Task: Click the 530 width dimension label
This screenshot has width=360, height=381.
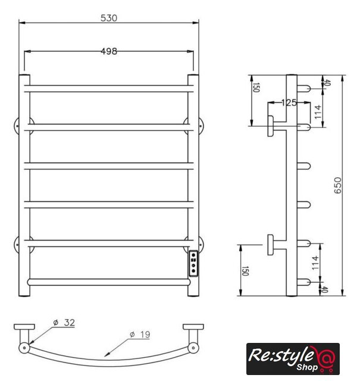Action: pyautogui.click(x=109, y=18)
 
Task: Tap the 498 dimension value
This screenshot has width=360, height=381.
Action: pyautogui.click(x=109, y=51)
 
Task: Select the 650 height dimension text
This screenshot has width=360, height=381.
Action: pyautogui.click(x=337, y=185)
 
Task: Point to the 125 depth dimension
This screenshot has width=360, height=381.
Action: pyautogui.click(x=289, y=103)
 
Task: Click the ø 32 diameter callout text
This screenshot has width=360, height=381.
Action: pyautogui.click(x=64, y=323)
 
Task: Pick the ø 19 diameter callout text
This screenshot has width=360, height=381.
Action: pyautogui.click(x=140, y=335)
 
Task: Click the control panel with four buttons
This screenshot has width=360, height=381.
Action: pyautogui.click(x=193, y=263)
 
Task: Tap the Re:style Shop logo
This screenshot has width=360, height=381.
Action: pyautogui.click(x=293, y=358)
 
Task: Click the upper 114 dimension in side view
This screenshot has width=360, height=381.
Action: pyautogui.click(x=318, y=112)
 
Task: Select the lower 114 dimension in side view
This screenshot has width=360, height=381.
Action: pyautogui.click(x=315, y=263)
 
